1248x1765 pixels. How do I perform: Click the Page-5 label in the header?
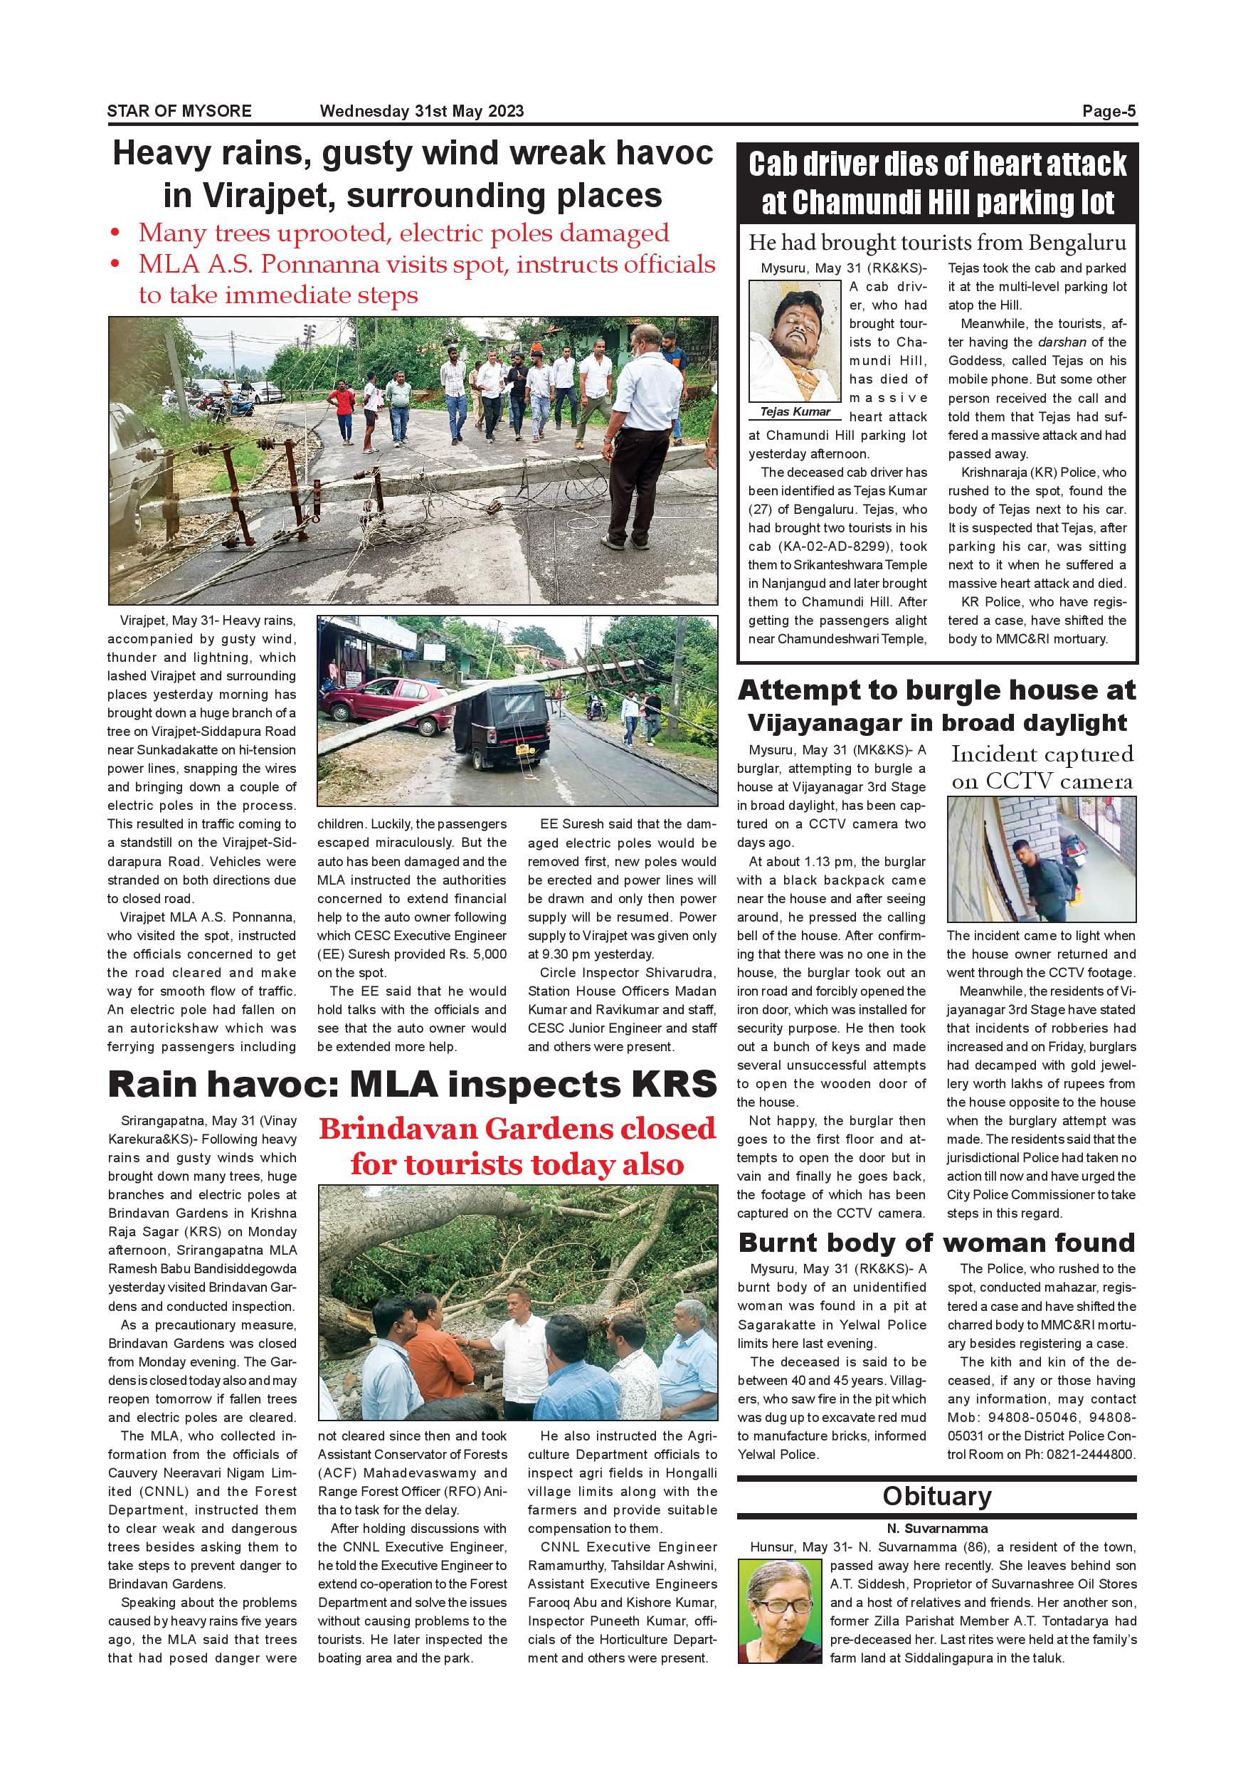[x=1109, y=112]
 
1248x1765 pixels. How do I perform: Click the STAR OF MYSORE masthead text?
[x=179, y=112]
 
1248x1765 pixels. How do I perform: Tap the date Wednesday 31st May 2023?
[x=422, y=112]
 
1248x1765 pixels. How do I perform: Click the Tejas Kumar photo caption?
[x=795, y=412]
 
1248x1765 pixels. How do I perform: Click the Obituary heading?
[x=937, y=1497]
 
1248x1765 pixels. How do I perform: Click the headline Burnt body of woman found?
[x=936, y=1243]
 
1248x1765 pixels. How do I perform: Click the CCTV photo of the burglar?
[x=1041, y=860]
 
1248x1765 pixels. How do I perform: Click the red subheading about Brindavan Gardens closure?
[x=517, y=1146]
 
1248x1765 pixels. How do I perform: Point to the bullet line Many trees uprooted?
[x=403, y=233]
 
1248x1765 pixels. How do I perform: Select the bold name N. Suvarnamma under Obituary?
[x=937, y=1529]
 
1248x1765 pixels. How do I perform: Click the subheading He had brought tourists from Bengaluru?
[x=937, y=243]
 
